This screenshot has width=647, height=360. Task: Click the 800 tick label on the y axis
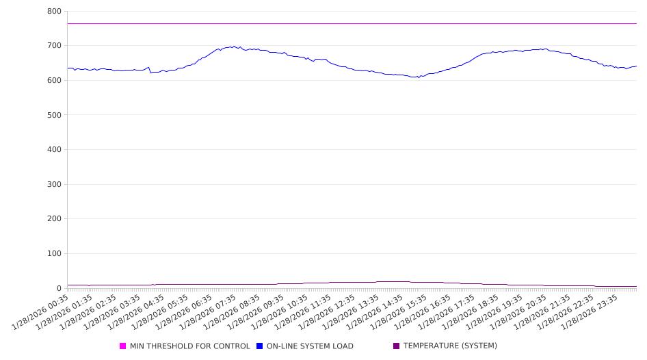tap(55, 12)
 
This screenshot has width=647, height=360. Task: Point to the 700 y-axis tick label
tap(55, 46)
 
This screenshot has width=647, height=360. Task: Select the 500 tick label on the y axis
tap(55, 115)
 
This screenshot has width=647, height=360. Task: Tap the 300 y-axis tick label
tap(55, 184)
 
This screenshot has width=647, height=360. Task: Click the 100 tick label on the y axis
tap(55, 254)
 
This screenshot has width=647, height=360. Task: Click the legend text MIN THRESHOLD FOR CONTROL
tap(189, 346)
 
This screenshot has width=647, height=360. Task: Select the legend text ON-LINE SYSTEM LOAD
tap(310, 346)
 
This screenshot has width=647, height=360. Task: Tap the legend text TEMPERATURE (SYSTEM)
tap(450, 346)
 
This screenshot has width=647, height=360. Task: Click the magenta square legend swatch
tap(123, 346)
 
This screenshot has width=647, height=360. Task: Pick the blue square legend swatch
tap(260, 346)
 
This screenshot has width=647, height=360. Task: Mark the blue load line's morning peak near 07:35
tap(235, 47)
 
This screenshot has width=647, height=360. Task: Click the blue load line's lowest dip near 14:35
tap(418, 77)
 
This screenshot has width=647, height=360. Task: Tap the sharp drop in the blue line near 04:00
tap(150, 71)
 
